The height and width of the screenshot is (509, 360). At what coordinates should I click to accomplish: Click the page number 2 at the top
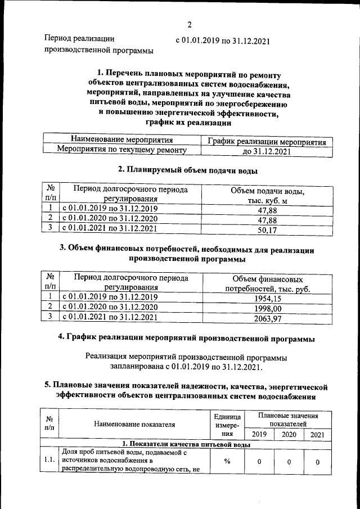[190, 24]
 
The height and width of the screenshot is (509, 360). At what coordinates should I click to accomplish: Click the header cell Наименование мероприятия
[121, 140]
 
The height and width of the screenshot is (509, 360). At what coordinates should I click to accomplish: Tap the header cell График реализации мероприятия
[267, 142]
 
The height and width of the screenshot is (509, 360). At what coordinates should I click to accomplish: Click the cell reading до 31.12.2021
[267, 152]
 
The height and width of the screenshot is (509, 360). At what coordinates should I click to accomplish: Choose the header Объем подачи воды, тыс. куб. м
[267, 196]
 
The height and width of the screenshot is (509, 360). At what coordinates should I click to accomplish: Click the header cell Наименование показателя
[134, 424]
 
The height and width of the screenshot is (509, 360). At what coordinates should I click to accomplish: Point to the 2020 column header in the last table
[289, 434]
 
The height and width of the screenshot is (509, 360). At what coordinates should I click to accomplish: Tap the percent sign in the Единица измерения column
[227, 462]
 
